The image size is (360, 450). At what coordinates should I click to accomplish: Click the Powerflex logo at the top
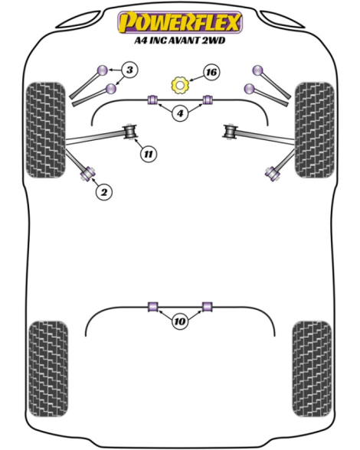[180, 22]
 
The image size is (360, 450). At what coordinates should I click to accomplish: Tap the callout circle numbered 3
[129, 70]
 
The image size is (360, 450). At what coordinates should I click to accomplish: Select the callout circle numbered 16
[211, 72]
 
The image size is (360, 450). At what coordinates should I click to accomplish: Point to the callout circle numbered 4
[180, 113]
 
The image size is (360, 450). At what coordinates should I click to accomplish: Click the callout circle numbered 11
[149, 154]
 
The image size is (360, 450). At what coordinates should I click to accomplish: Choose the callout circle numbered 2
[103, 191]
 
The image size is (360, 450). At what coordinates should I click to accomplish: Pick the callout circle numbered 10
[180, 321]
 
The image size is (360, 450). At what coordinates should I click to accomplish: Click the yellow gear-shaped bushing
[180, 85]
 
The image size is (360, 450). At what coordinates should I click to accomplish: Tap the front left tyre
[46, 130]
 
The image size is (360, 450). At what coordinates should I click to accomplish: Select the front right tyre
[315, 130]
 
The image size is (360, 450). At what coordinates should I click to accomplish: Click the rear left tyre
[48, 369]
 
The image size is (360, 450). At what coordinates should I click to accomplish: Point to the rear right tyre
[312, 369]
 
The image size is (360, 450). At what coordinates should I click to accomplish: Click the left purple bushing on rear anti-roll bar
[153, 306]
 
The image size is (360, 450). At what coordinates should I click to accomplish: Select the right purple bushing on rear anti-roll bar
[207, 306]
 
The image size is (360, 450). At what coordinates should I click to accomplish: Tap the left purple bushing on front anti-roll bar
[153, 99]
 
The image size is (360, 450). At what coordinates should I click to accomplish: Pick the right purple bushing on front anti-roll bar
[208, 99]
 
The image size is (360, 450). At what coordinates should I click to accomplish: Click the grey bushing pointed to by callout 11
[130, 132]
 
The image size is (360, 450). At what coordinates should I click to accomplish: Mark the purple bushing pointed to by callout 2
[88, 173]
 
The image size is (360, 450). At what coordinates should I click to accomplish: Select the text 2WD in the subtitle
[214, 41]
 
